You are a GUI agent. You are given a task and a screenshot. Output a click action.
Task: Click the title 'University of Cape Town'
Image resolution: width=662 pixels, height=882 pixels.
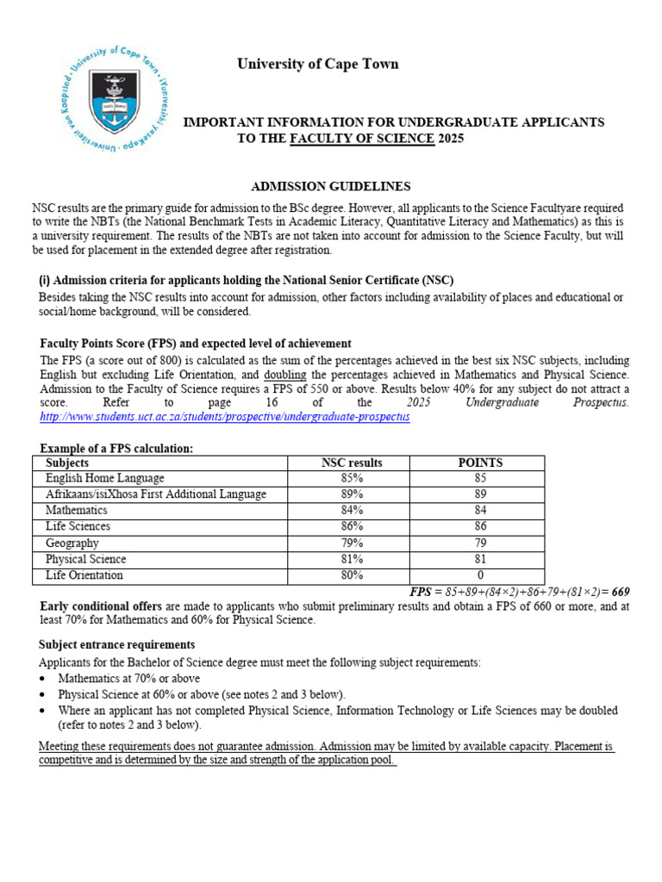[318, 65]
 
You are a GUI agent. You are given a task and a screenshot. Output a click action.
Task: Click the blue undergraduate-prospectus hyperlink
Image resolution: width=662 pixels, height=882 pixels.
[225, 417]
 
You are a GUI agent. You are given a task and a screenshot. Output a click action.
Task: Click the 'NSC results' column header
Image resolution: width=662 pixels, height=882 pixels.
[352, 463]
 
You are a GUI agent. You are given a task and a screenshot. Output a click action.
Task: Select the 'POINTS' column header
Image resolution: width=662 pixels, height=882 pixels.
[480, 463]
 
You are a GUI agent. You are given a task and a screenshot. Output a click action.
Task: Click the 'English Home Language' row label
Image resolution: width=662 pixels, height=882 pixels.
[104, 478]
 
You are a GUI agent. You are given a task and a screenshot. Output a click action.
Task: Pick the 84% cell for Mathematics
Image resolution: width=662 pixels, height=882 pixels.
[352, 511]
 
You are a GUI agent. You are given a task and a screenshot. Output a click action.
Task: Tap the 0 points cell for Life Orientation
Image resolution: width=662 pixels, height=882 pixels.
[480, 575]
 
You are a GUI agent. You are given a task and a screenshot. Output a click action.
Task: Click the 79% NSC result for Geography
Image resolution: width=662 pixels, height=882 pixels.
[352, 543]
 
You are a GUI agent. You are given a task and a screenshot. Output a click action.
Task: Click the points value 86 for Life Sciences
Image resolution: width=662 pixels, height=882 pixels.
[480, 526]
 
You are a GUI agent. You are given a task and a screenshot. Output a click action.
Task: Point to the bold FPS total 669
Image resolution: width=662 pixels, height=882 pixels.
[621, 591]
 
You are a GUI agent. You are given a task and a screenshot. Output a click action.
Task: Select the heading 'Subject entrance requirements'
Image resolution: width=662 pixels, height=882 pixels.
[116, 644]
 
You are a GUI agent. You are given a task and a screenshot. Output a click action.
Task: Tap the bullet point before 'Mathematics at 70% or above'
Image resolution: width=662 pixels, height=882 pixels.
[44, 679]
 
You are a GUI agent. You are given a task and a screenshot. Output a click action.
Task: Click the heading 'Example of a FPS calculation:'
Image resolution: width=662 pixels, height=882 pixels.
[116, 449]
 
